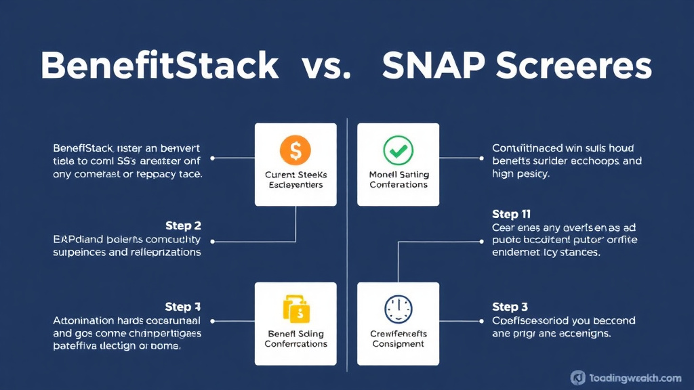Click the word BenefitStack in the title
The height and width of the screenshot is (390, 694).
pos(159,67)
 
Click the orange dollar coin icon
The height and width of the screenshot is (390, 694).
pos(295,150)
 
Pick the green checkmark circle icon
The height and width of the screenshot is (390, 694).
pos(398,150)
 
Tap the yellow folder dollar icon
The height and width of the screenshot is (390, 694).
pos(295,309)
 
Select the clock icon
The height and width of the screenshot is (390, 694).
pos(398,309)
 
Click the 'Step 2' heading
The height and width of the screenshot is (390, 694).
pos(183,225)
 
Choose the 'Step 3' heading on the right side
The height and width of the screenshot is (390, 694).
pos(510,307)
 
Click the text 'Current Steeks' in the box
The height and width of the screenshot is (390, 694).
pos(295,175)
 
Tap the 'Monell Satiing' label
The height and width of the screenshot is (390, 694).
pos(399,175)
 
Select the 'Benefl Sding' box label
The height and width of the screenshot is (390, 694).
pos(295,334)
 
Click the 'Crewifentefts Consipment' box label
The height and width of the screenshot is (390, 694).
pos(399,339)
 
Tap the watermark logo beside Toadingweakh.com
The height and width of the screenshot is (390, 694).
pos(578,378)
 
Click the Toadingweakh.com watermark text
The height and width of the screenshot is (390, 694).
pos(635,378)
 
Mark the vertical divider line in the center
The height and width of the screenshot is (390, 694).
pos(347,244)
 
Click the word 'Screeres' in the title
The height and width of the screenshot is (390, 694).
pos(573,67)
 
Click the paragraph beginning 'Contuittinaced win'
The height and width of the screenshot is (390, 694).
pos(567,160)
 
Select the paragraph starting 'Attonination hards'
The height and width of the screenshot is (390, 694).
pos(127,332)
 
